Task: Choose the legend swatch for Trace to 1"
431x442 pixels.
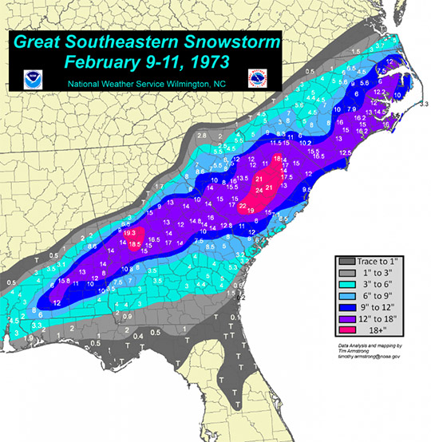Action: coord(346,260)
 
